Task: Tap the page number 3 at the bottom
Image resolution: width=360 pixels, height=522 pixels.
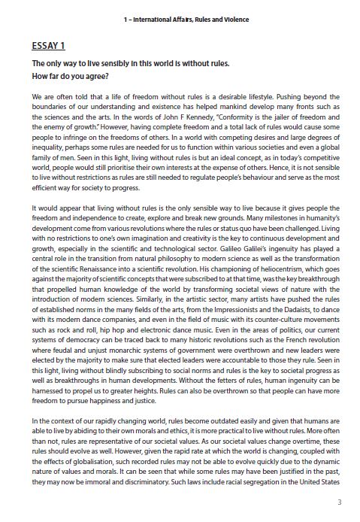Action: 339,502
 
